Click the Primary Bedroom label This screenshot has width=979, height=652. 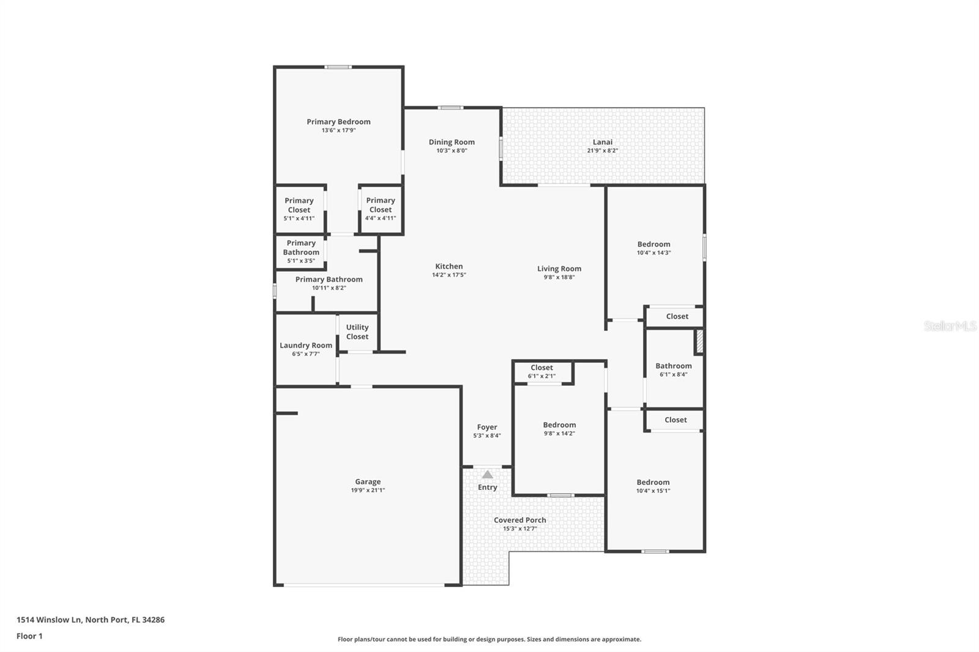click(338, 122)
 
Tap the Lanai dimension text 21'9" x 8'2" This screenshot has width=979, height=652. click(602, 150)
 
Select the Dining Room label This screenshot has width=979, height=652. click(452, 142)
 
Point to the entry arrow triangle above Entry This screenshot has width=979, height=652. click(487, 475)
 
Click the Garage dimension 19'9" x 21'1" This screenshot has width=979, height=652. click(368, 491)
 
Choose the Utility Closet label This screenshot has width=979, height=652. click(357, 332)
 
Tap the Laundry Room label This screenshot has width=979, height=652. click(306, 346)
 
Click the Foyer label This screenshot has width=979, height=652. click(487, 428)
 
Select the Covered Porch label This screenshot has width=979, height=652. click(520, 520)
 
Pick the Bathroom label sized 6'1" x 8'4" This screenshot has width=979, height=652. click(674, 366)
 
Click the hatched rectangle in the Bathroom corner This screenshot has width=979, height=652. click(699, 342)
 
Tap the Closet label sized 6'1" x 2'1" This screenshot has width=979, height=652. click(542, 368)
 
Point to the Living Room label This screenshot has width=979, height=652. click(559, 269)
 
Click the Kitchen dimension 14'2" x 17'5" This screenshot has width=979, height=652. click(449, 275)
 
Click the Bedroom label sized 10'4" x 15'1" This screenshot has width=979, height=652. click(653, 483)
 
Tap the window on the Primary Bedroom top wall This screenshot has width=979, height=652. click(338, 67)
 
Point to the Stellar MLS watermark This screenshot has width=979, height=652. click(950, 326)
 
